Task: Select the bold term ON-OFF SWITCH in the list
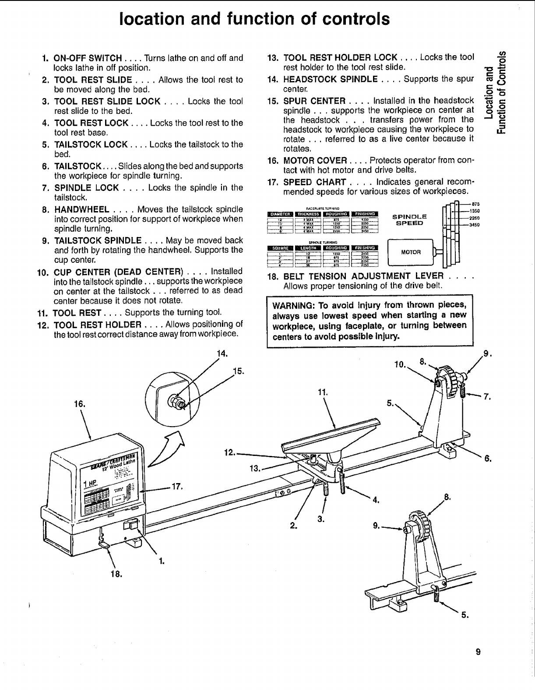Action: tap(88, 58)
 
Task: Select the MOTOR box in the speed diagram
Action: tap(411, 252)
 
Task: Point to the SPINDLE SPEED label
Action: tap(409, 219)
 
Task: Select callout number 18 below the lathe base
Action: tap(116, 574)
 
